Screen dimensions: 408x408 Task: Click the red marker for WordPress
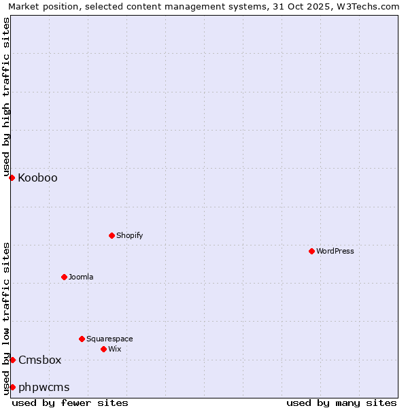311,251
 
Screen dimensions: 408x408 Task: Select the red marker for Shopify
112,235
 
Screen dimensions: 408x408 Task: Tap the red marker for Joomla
64,277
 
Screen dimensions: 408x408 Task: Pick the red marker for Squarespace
82,339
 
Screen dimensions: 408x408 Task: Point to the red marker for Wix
103,349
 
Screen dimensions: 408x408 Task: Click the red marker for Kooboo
12,177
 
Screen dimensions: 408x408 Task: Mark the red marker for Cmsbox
12,360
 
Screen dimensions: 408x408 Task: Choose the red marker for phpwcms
12,387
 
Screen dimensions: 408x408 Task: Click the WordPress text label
335,251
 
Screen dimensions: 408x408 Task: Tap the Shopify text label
130,235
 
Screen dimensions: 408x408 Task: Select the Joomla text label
81,277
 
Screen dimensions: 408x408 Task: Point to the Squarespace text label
109,339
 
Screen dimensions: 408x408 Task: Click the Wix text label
115,349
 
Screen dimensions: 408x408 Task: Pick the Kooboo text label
38,178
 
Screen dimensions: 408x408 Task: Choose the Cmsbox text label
40,360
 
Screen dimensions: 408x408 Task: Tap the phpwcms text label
44,388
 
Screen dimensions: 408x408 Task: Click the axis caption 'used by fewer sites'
70,403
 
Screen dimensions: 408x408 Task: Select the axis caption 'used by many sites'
341,403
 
